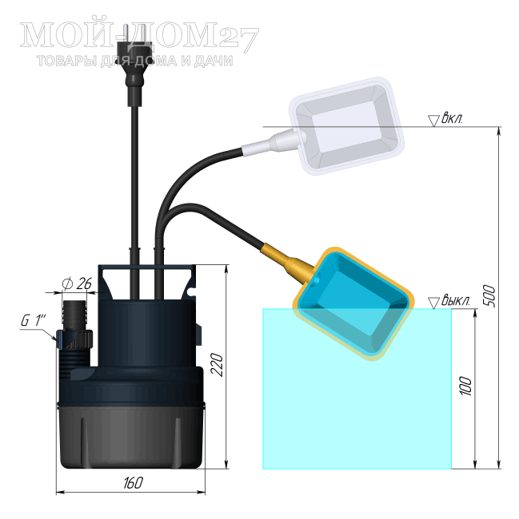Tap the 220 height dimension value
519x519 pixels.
tap(218, 365)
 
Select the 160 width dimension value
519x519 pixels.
tap(134, 483)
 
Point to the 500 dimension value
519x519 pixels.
tap(490, 296)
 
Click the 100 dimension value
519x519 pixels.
tap(465, 386)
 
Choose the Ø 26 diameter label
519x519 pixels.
tap(77, 283)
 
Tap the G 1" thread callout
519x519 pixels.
tap(33, 320)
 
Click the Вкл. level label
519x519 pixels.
tap(452, 119)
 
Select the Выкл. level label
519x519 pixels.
tap(456, 300)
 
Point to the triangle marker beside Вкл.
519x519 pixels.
tap(433, 121)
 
